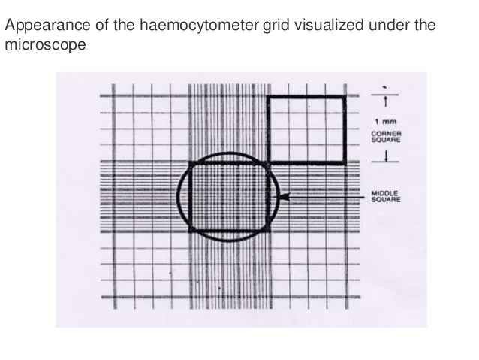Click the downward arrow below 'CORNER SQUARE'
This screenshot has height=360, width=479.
(385, 156)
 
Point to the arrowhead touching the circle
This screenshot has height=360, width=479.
(282, 198)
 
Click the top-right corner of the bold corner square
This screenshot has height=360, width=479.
(345, 97)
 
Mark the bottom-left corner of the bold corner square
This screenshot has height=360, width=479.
(269, 162)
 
